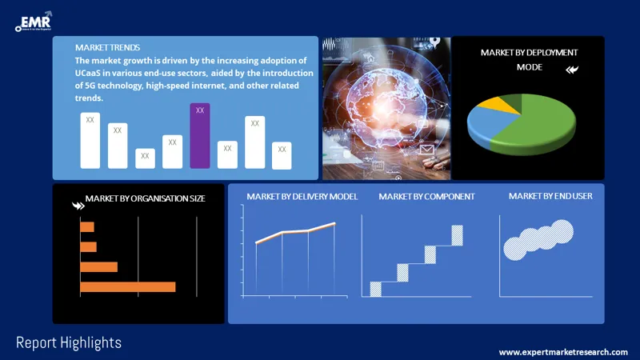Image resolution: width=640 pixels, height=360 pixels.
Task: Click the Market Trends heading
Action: [108, 47]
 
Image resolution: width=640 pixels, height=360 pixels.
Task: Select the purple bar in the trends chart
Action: [200, 136]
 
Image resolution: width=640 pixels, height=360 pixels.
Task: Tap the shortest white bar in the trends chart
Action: [145, 158]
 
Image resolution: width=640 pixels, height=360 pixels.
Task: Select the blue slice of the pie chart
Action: [484, 124]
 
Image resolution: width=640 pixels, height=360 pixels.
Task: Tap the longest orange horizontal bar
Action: [127, 286]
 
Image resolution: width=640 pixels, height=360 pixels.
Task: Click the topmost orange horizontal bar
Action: [87, 227]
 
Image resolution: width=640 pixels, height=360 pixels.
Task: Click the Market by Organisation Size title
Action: [145, 198]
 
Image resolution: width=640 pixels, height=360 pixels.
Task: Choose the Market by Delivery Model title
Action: [302, 196]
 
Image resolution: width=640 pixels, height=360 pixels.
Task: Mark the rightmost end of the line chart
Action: [334, 223]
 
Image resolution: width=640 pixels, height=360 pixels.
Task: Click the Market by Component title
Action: [426, 196]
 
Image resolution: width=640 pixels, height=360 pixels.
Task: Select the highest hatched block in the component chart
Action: [457, 235]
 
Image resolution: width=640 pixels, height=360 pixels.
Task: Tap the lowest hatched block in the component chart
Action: [375, 289]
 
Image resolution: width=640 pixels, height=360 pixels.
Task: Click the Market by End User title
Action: [550, 196]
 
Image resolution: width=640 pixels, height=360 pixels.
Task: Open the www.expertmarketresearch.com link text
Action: [563, 352]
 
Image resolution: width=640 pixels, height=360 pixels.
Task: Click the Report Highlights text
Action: [69, 342]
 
